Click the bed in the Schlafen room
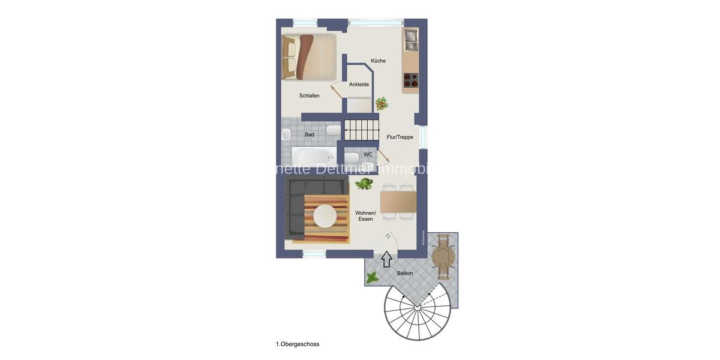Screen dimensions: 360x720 (308, 57)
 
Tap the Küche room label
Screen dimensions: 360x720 (378, 61)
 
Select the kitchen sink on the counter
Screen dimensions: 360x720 (411, 39)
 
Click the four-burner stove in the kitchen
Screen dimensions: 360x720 (411, 80)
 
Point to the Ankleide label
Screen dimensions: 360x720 (359, 85)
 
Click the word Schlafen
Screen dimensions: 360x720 (309, 95)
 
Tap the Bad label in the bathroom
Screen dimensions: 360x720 (310, 134)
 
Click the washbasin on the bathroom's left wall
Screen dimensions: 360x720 (287, 134)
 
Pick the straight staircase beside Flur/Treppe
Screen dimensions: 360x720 (362, 129)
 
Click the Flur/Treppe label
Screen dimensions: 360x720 (400, 137)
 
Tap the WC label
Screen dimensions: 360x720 (368, 154)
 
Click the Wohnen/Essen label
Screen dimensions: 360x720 (365, 216)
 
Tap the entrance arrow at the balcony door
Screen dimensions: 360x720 (387, 259)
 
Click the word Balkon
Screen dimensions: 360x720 (404, 273)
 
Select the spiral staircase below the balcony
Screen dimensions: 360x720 (416, 312)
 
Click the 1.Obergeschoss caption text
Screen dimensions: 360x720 (298, 344)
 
